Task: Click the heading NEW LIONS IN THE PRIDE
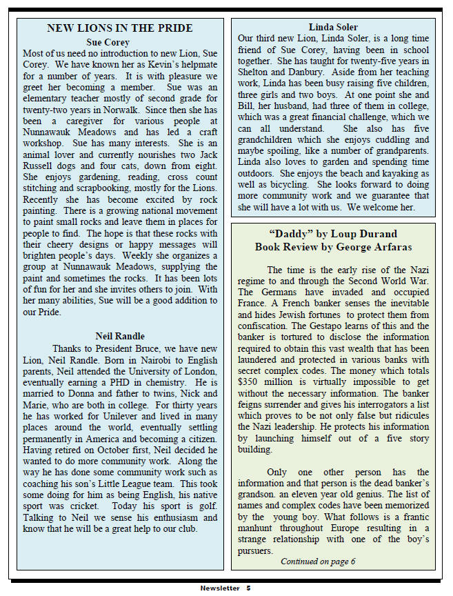[x=121, y=28]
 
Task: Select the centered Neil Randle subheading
[x=120, y=337]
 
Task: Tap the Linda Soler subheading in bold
[x=333, y=28]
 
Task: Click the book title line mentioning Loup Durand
[x=332, y=234]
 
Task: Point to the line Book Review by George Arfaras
[x=332, y=246]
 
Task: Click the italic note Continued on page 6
[x=318, y=561]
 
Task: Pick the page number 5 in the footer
[x=248, y=588]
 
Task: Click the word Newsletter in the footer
[x=220, y=588]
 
